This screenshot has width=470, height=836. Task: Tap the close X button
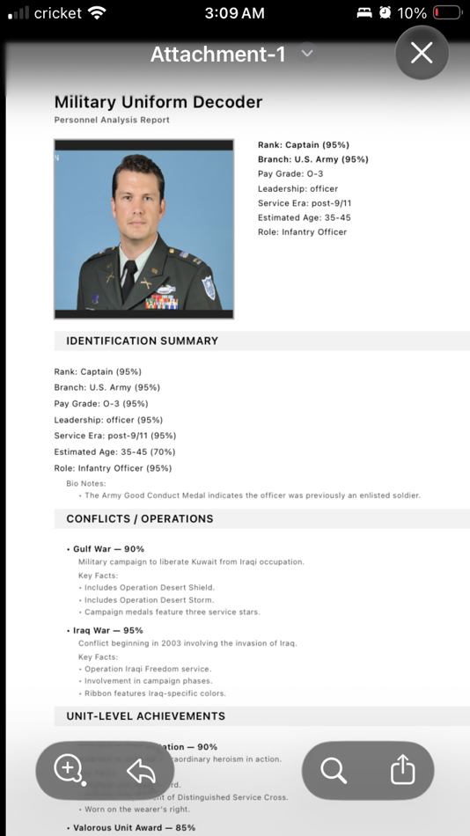click(422, 54)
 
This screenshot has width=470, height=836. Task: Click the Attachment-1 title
click(217, 55)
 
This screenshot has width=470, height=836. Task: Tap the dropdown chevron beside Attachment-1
click(307, 54)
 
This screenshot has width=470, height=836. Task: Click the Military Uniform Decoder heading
click(158, 102)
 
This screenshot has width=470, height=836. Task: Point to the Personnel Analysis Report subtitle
click(112, 120)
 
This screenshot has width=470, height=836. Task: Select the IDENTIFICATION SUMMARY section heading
click(143, 341)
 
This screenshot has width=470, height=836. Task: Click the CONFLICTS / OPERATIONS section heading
click(140, 518)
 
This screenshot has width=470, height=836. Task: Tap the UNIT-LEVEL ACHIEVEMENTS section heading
click(146, 715)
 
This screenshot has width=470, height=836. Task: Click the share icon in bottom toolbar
click(402, 771)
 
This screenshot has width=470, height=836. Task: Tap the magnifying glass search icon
click(334, 771)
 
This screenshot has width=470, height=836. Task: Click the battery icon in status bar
click(447, 13)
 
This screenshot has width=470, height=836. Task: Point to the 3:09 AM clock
click(234, 13)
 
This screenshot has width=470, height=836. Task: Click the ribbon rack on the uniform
click(161, 301)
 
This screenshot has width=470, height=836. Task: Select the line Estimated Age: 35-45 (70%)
click(113, 451)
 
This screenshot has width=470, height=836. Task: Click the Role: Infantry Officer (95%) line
click(113, 468)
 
